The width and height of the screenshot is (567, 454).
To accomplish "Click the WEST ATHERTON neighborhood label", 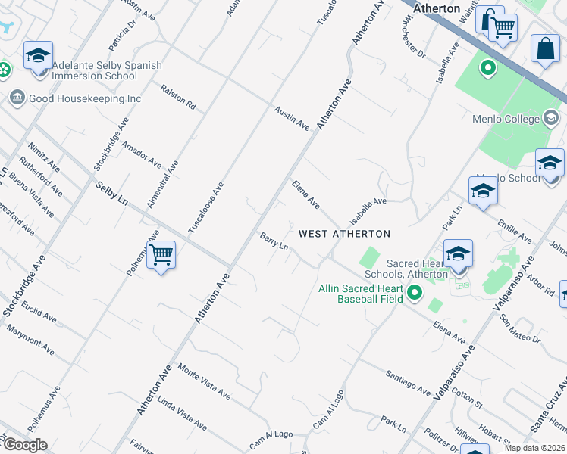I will click(x=344, y=234).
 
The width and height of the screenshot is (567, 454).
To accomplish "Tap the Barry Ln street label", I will click(x=274, y=241).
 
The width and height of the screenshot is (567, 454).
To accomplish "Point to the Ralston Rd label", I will click(x=178, y=98).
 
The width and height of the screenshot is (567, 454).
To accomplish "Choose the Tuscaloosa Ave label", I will click(x=206, y=207).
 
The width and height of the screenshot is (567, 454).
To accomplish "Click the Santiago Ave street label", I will click(x=407, y=381).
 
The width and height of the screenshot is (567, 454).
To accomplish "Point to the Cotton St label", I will click(x=466, y=399).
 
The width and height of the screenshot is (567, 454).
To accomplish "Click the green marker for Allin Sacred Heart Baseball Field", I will click(x=415, y=292).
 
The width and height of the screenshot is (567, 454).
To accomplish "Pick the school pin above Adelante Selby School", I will click(x=38, y=56).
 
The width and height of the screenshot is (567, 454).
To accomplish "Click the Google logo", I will click(x=24, y=444).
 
